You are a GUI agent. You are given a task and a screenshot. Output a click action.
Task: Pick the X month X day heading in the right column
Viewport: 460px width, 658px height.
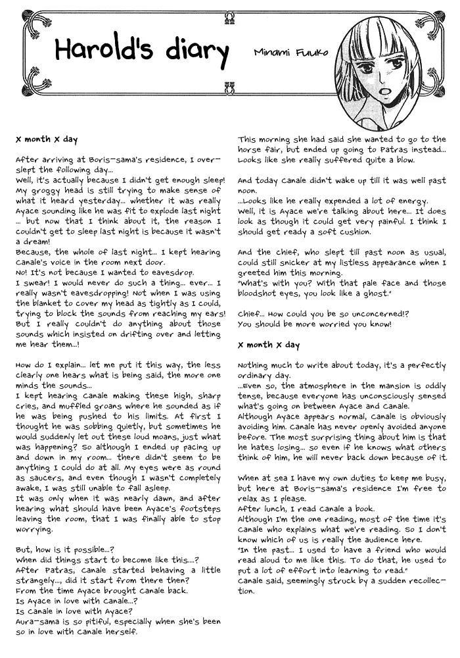click(268, 345)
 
